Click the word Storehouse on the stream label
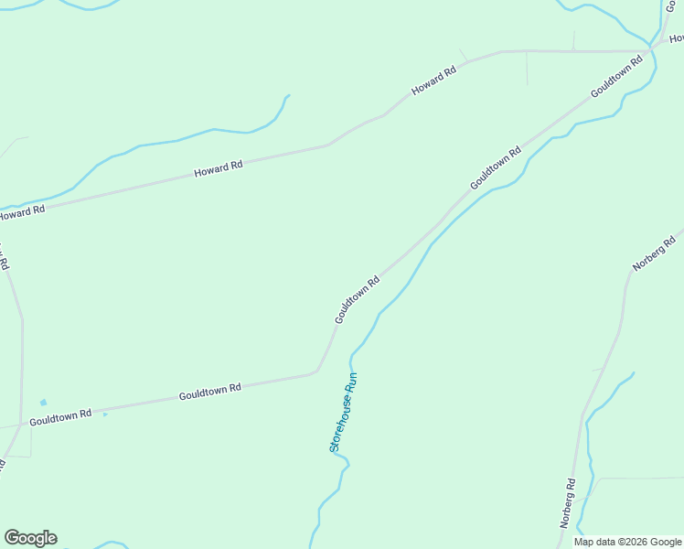pyautogui.click(x=339, y=426)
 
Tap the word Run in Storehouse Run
pyautogui.click(x=350, y=382)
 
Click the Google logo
pyautogui.click(x=30, y=538)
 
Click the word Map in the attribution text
pyautogui.click(x=585, y=542)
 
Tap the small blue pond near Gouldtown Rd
pyautogui.click(x=43, y=402)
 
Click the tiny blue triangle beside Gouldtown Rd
pyautogui.click(x=105, y=414)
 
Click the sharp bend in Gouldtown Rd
pyautogui.click(x=317, y=370)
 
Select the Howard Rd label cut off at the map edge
pyautogui.click(x=20, y=213)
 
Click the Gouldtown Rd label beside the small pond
pyautogui.click(x=60, y=416)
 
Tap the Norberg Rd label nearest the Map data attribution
pyautogui.click(x=568, y=504)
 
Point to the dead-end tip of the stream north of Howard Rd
pyautogui.click(x=289, y=95)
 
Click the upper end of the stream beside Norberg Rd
pyautogui.click(x=634, y=372)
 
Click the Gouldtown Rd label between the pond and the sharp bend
pyautogui.click(x=209, y=392)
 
